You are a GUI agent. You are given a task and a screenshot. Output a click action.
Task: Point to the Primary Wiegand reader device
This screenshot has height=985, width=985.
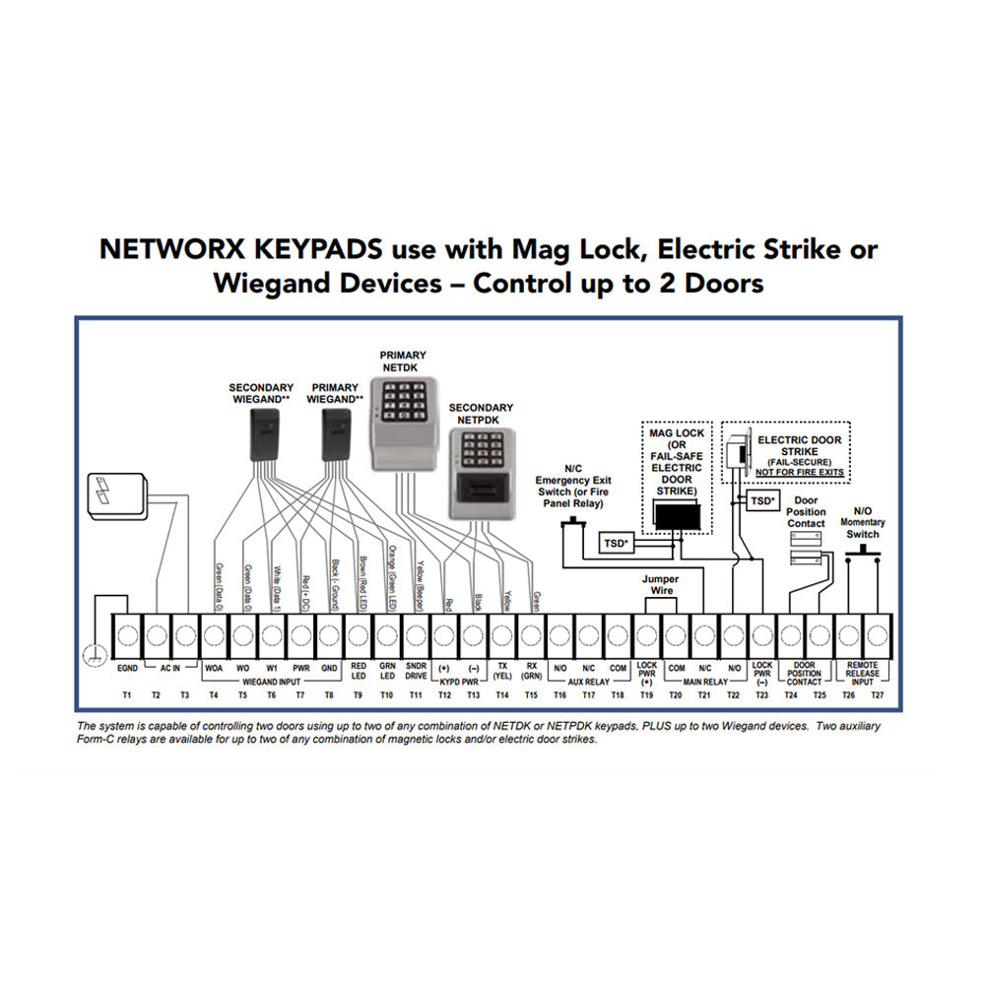tap(336, 433)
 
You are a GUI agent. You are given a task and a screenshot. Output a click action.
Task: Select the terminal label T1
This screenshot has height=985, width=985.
tap(126, 695)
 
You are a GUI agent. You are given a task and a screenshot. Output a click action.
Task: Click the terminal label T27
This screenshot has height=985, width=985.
tap(878, 695)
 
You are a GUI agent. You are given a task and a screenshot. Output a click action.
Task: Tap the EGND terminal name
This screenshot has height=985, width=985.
tap(127, 667)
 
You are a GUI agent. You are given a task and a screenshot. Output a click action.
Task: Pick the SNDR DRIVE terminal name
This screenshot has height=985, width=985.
tap(416, 671)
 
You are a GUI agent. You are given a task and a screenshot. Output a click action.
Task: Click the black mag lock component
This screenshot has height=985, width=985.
tap(677, 517)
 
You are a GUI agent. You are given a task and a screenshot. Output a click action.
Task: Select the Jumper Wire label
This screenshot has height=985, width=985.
tap(660, 585)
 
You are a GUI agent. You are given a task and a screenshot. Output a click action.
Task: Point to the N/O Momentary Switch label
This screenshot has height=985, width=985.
tap(863, 523)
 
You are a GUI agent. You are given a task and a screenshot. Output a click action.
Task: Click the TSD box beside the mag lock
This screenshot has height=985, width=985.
tap(616, 542)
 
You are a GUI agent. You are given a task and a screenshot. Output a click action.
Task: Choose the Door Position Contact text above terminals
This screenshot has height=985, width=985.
tap(807, 512)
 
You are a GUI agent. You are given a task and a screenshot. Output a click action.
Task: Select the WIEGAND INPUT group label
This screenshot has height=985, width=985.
tap(271, 681)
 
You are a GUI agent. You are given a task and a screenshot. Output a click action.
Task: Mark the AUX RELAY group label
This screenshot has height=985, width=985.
tap(589, 681)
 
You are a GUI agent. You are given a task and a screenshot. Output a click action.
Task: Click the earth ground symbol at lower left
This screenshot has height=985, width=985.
tap(95, 650)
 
